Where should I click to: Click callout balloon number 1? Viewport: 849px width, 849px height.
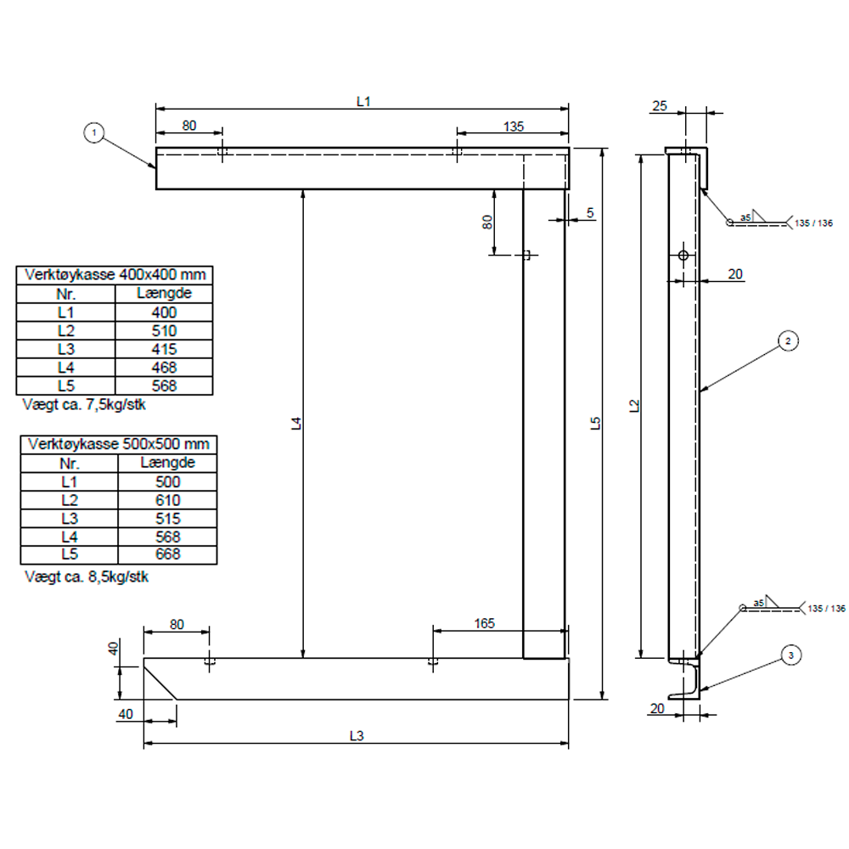pyautogui.click(x=94, y=132)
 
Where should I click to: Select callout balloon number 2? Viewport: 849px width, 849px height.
pyautogui.click(x=788, y=341)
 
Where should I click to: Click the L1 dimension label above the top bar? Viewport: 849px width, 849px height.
pyautogui.click(x=363, y=101)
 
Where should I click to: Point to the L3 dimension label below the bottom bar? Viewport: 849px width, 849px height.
pyautogui.click(x=357, y=735)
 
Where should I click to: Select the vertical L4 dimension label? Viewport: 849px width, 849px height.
pyautogui.click(x=295, y=424)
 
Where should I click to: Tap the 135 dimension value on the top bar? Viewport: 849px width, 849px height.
pyautogui.click(x=513, y=126)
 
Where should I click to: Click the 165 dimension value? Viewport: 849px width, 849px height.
pyautogui.click(x=484, y=623)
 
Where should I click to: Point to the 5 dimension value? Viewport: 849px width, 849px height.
pyautogui.click(x=590, y=213)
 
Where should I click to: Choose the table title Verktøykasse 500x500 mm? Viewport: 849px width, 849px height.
pyautogui.click(x=118, y=444)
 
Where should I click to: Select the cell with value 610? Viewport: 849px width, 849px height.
pyautogui.click(x=168, y=499)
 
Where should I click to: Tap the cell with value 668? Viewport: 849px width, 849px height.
pyautogui.click(x=168, y=554)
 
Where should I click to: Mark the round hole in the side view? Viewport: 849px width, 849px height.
pyautogui.click(x=683, y=256)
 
